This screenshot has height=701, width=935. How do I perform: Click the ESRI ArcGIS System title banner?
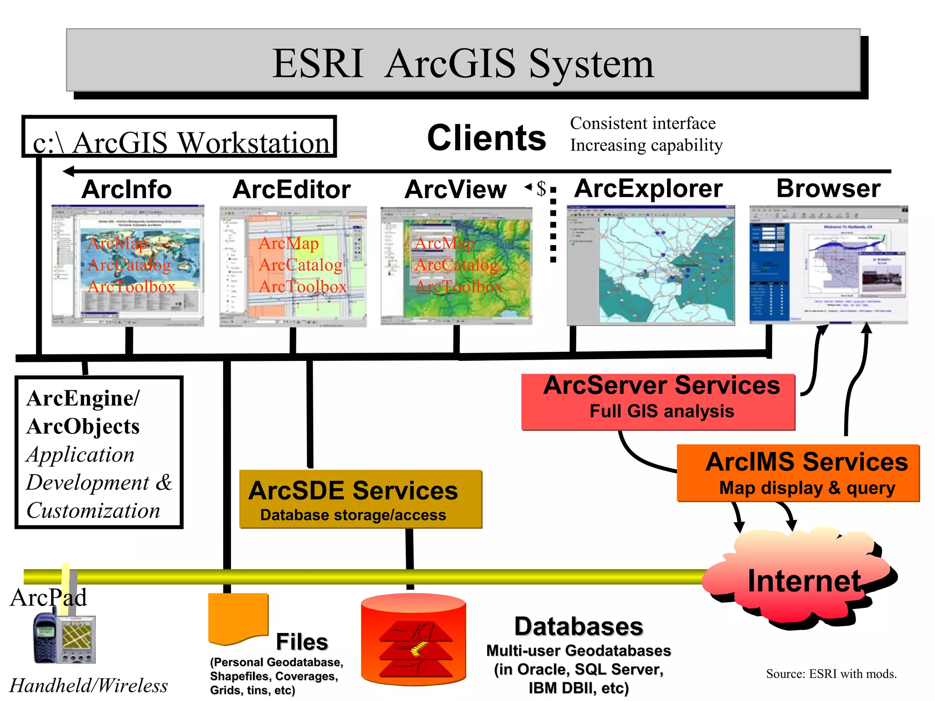click(x=463, y=61)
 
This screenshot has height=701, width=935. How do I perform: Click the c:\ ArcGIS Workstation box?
click(x=179, y=137)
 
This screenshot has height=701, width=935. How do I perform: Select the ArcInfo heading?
click(x=126, y=189)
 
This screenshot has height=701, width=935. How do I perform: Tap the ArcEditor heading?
click(x=291, y=189)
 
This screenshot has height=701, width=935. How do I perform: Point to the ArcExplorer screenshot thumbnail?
click(x=651, y=265)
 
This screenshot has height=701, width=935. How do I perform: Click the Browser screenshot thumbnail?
click(x=828, y=265)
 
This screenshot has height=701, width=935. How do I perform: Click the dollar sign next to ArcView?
click(x=541, y=188)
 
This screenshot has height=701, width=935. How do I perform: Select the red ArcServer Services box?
click(x=658, y=402)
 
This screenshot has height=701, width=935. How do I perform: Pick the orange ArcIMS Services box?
click(x=798, y=473)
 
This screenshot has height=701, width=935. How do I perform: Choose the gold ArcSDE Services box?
click(x=360, y=499)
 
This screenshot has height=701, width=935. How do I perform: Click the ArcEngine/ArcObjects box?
click(x=99, y=452)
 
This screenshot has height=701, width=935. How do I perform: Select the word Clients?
click(x=486, y=138)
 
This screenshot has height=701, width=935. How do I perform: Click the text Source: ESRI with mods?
click(x=831, y=674)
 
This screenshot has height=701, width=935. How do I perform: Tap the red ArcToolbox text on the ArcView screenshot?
click(x=458, y=287)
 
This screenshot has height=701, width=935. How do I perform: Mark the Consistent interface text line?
click(x=642, y=123)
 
